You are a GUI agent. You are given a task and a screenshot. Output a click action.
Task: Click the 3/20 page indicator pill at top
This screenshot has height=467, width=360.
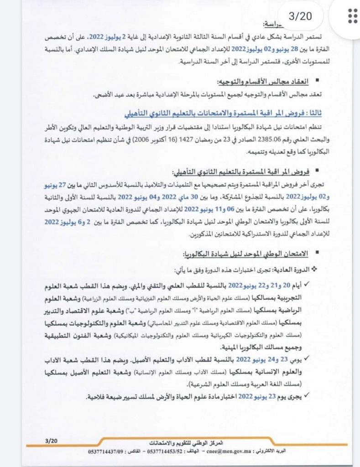(x=299, y=17)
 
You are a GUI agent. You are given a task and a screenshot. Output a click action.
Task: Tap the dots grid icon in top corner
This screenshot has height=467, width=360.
(x=352, y=16)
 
